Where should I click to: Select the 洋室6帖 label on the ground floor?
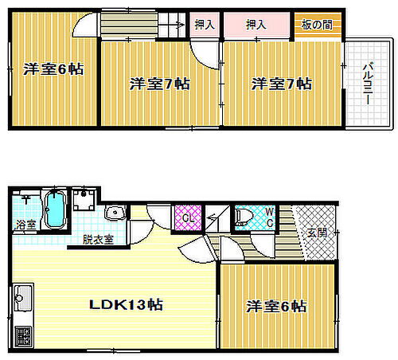click(275, 306)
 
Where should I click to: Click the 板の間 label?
click(317, 25)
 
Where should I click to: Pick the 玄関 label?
click(316, 233)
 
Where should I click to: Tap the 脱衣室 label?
click(97, 238)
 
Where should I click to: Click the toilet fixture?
click(244, 217)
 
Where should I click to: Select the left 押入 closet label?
click(205, 25)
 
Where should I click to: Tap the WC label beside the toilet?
click(270, 217)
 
